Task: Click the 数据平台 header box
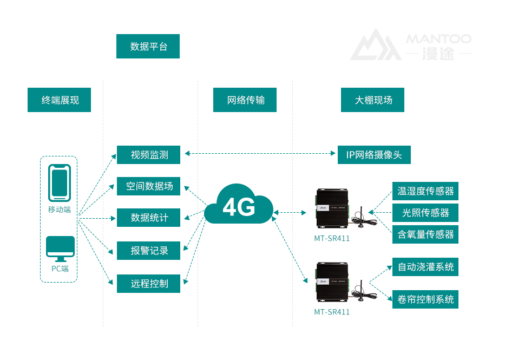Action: click(x=148, y=47)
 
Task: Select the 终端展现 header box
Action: click(x=60, y=100)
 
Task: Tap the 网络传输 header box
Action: click(x=245, y=100)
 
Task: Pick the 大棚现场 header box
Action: click(x=372, y=100)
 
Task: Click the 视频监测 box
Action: click(x=148, y=155)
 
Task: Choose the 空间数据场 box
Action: click(x=148, y=186)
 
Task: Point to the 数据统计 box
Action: click(x=148, y=218)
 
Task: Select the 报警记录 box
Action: click(x=148, y=251)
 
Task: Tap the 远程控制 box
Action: click(x=148, y=283)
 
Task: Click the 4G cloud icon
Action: click(x=239, y=206)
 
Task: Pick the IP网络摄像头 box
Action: click(x=374, y=155)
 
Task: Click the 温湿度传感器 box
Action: click(x=425, y=191)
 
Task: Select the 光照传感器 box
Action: click(x=425, y=213)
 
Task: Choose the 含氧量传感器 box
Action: click(x=425, y=234)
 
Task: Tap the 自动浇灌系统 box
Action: click(x=425, y=267)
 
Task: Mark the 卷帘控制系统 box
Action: click(x=425, y=299)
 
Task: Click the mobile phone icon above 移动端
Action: click(x=59, y=182)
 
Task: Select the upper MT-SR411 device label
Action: click(x=332, y=238)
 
